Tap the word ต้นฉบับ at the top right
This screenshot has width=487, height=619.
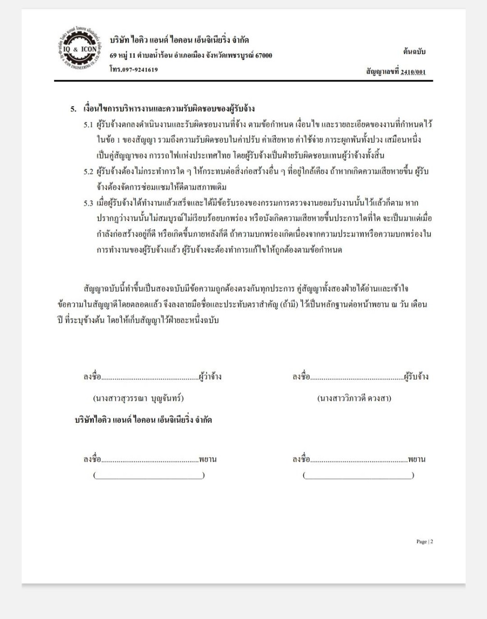point(414,51)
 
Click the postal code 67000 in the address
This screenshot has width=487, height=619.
point(262,55)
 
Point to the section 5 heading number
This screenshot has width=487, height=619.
point(74,109)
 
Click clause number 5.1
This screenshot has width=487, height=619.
point(88,125)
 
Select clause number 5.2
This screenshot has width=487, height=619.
point(88,172)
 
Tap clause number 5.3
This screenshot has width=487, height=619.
point(88,203)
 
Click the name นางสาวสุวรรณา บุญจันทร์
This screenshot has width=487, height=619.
point(138,398)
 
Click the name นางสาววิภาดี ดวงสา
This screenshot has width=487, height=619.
point(354,398)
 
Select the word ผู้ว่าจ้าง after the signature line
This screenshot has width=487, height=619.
point(210,377)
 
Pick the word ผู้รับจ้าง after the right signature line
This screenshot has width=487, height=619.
point(416,377)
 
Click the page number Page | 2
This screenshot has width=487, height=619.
point(425,542)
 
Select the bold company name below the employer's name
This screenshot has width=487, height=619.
point(143,420)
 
